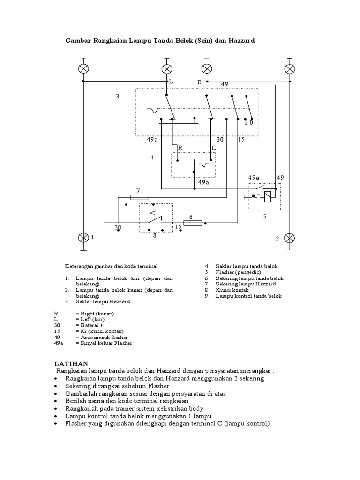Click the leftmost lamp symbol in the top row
pyautogui.click(x=84, y=69)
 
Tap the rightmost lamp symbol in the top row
pyautogui.click(x=291, y=69)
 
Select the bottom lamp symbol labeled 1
pyautogui.click(x=84, y=237)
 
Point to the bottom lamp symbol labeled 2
pyautogui.click(x=291, y=237)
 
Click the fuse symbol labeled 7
pyautogui.click(x=140, y=198)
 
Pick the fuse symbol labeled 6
pyautogui.click(x=193, y=223)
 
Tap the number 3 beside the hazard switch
pyautogui.click(x=118, y=97)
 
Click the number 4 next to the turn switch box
pyautogui.click(x=152, y=157)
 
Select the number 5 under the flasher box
pyautogui.click(x=264, y=217)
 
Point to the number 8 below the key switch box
pyautogui.click(x=155, y=236)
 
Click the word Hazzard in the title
pyautogui.click(x=241, y=41)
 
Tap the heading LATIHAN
pyautogui.click(x=71, y=363)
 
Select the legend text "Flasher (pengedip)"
pyautogui.click(x=239, y=272)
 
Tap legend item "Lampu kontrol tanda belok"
pyautogui.click(x=248, y=296)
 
